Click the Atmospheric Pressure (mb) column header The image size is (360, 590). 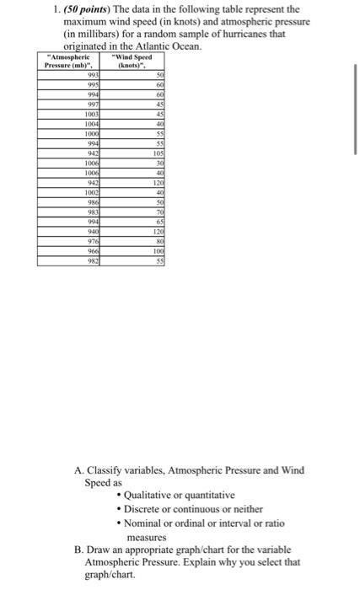[72, 61]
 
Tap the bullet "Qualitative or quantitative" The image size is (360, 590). [179, 495]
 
